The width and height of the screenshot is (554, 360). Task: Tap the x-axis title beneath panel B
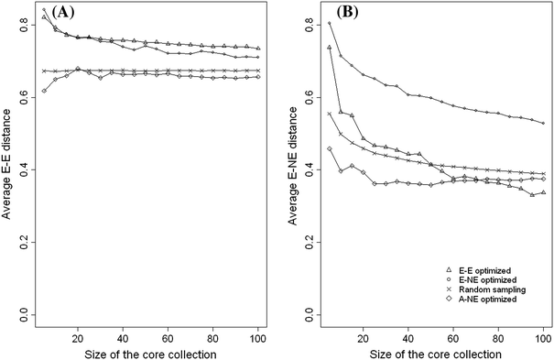pos(432,352)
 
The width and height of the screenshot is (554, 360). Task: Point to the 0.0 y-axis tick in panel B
pos(306,313)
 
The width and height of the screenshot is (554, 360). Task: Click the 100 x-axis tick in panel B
pos(543,335)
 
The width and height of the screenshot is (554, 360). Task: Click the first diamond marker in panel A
pos(44,91)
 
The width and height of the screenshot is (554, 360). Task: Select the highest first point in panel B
pos(330,23)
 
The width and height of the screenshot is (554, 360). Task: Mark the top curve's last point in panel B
pos(544,123)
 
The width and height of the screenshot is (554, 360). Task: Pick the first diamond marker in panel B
pos(330,148)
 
